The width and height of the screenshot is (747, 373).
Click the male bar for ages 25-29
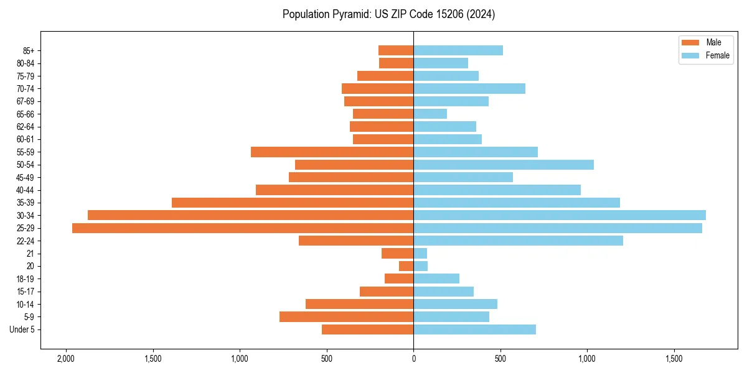coord(243,228)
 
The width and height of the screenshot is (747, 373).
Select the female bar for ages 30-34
coord(560,215)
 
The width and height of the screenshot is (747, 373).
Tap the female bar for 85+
coord(458,50)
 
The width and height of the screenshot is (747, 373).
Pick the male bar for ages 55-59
coord(332,152)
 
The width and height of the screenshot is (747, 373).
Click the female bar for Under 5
coord(474,329)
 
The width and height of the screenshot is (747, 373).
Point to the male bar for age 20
coord(406,266)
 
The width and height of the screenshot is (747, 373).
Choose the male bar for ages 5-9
coord(346,317)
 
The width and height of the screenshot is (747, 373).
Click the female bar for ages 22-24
coord(518,241)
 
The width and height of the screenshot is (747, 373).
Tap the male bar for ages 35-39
coord(293,203)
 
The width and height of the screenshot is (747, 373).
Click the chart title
coord(388,14)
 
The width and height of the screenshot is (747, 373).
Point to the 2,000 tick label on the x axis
coord(65,359)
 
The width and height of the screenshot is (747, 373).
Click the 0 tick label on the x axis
coord(413,359)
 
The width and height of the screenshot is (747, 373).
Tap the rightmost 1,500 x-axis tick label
coord(674,359)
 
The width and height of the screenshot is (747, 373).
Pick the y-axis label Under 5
coord(22,329)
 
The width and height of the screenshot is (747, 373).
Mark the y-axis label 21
coord(29,254)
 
